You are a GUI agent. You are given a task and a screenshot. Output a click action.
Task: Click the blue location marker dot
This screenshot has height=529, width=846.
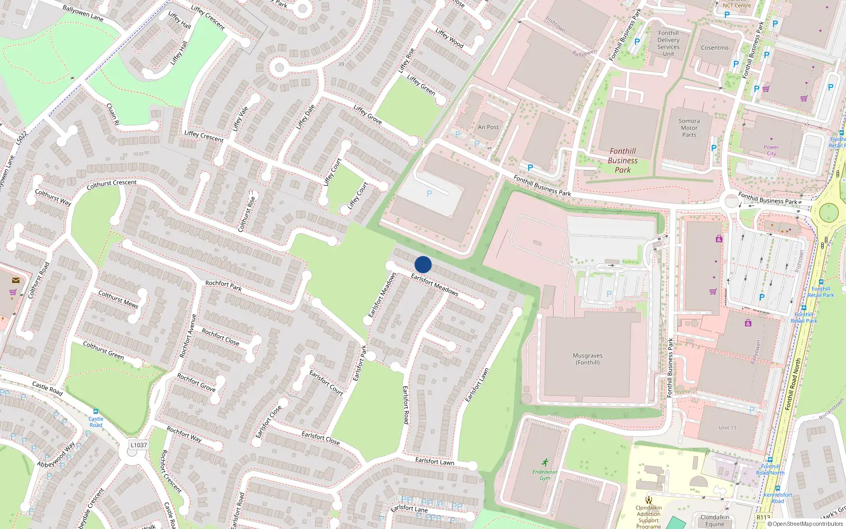coord(423,264)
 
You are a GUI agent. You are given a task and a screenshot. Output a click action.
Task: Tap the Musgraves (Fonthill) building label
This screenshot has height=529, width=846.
coord(587,359)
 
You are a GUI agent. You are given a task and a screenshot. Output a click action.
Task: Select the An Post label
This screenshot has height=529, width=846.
coord(488,127)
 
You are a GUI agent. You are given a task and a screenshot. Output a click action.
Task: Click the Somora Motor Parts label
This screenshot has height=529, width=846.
coord(689,128)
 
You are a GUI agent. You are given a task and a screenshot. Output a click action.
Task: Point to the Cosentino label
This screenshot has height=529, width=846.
coord(714,48)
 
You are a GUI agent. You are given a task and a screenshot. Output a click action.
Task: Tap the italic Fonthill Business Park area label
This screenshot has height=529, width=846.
coord(622,160)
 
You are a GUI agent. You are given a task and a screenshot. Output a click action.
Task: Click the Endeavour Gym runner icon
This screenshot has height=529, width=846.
coord(545,462)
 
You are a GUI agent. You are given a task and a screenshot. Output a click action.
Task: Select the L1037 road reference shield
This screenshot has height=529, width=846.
coord(139,445)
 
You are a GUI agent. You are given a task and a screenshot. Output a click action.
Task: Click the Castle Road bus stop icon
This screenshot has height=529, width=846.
coord(95,412)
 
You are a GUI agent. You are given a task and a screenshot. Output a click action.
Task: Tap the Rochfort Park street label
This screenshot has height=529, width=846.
coord(223,286)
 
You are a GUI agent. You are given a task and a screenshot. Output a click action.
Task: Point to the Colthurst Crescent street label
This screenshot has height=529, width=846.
coord(112,184)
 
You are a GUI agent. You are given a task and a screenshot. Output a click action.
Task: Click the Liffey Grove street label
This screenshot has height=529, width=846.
coord(367,114)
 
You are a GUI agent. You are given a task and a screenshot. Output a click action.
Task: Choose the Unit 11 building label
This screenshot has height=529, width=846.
coord(727,427)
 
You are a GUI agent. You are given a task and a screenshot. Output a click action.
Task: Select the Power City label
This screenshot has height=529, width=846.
coord(771,150)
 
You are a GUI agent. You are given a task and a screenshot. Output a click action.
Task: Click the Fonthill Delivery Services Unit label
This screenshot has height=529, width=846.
coord(668,43)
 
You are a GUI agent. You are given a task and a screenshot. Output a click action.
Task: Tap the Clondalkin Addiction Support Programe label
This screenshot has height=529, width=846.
coord(649,517)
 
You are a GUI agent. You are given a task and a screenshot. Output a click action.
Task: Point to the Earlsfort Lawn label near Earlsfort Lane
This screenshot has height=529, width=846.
coord(435,461)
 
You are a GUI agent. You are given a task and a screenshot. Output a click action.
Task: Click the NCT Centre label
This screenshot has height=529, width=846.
coord(737,5)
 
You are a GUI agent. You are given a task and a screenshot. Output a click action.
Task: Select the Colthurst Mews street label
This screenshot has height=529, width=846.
coord(118,299)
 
